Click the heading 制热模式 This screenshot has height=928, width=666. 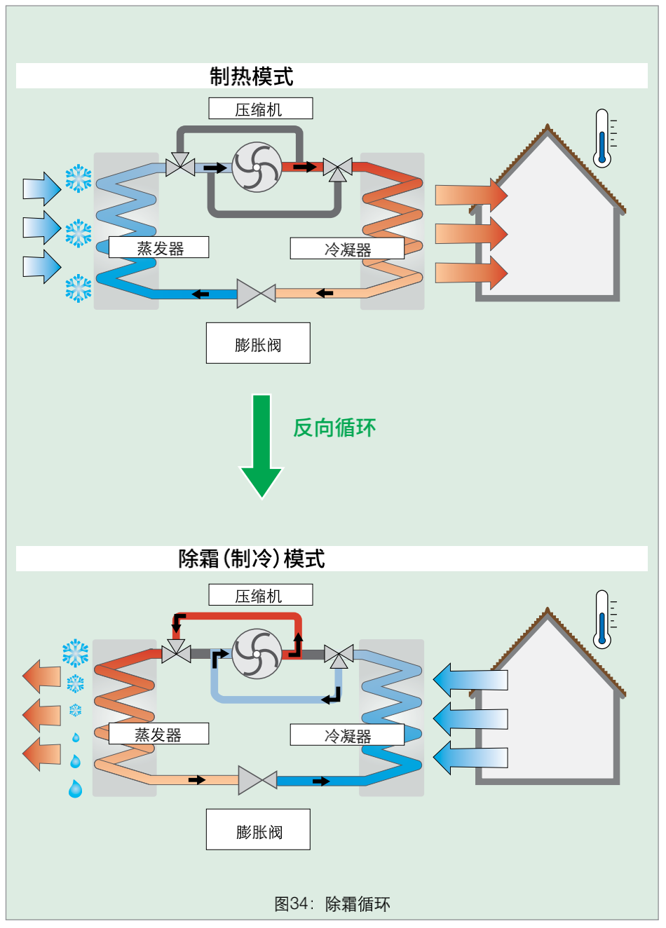tap(252, 76)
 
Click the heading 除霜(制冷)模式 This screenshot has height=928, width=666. tap(252, 559)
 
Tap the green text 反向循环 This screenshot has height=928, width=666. tap(334, 428)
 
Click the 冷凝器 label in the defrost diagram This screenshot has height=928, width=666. tap(347, 735)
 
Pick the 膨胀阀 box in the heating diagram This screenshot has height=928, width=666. tap(258, 343)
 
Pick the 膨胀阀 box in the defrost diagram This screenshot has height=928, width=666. tap(258, 829)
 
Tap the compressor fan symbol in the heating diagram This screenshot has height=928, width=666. tap(257, 168)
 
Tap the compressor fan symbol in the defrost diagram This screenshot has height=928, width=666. tap(257, 654)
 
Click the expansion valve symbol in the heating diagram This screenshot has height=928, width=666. tap(256, 294)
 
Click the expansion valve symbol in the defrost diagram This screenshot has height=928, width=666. tap(258, 781)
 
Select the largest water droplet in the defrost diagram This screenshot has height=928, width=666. tap(75, 789)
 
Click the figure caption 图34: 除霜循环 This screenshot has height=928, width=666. tap(332, 904)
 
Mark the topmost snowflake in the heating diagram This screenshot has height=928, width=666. tap(79, 179)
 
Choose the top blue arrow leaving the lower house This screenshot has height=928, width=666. tap(470, 680)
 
